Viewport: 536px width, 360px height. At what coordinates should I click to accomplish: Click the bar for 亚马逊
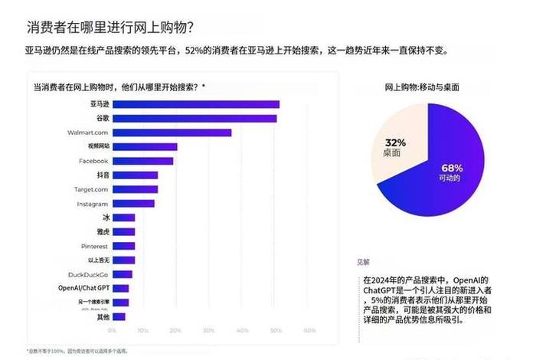click(196, 104)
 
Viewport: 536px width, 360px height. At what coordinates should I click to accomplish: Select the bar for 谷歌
click(194, 118)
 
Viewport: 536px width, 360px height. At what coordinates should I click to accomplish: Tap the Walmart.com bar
click(172, 133)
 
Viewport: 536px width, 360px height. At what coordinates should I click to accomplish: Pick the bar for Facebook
click(143, 161)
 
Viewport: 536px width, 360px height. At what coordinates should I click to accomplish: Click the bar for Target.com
click(136, 189)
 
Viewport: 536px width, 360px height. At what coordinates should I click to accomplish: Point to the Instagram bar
click(134, 204)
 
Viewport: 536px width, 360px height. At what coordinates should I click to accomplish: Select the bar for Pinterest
click(124, 247)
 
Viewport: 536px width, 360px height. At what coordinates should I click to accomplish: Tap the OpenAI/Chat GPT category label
click(83, 288)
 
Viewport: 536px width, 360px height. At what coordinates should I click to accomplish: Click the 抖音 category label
click(100, 175)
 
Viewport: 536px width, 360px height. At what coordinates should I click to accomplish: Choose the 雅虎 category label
click(100, 232)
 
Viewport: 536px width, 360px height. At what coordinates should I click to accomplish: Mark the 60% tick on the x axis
click(309, 331)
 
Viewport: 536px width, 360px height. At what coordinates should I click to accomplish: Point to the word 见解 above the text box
click(363, 261)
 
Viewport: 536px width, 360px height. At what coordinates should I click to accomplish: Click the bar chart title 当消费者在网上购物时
click(119, 87)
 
